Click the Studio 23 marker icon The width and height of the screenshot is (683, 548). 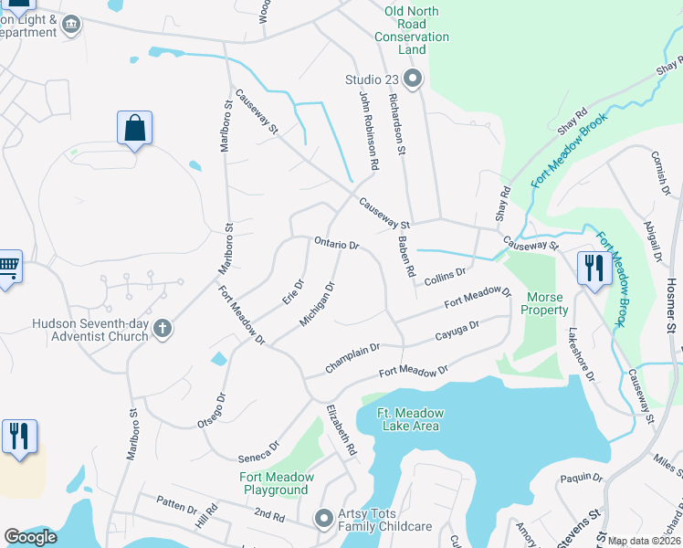point(413,79)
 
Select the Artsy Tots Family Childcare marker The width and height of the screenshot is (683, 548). point(324,519)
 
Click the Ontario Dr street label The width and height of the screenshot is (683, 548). point(337,245)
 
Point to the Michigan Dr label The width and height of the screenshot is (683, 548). point(318,304)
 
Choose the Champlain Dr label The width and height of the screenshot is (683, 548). point(352,357)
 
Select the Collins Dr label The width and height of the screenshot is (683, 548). point(445,273)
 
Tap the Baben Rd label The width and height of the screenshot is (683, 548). point(405,258)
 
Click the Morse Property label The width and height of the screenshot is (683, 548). point(544,303)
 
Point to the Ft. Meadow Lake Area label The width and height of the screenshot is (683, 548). point(410,419)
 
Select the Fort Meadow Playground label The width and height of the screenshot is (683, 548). point(277,483)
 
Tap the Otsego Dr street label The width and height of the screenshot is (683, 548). point(211,410)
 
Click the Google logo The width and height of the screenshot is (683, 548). point(31,537)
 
